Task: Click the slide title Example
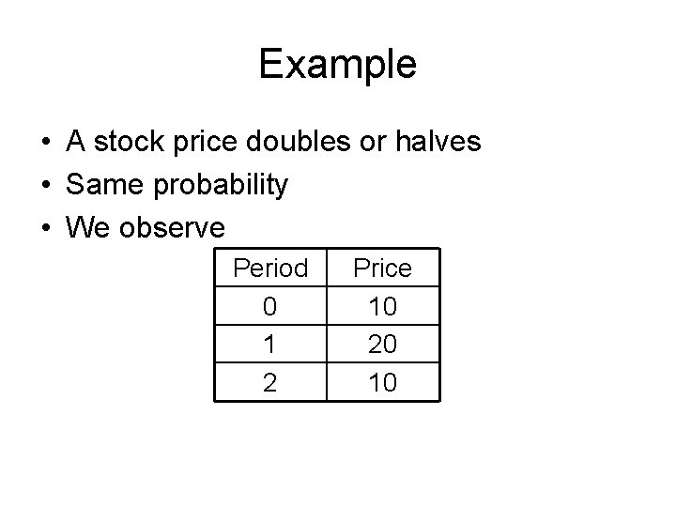pos(337,65)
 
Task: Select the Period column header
pos(270,269)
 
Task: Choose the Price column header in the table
pos(382,269)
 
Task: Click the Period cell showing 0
pos(270,306)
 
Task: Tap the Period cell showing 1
pos(270,345)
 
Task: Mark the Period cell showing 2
pos(270,382)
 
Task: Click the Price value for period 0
pos(382,306)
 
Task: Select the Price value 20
pos(382,345)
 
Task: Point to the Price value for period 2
pos(382,382)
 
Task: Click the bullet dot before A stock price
pos(45,144)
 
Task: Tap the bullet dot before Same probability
pos(45,186)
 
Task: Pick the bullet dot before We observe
pos(45,228)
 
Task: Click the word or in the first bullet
pos(369,144)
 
